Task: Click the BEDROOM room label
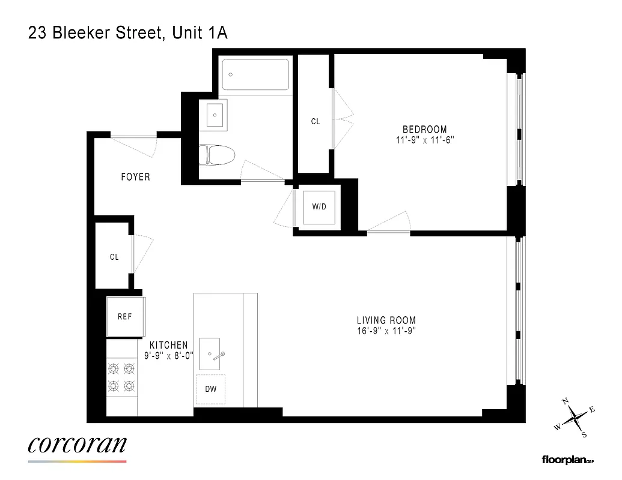424,129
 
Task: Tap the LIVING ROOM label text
386,320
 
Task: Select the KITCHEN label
169,345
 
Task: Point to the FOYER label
135,177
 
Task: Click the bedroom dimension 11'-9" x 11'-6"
424,140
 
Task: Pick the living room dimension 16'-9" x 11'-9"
386,331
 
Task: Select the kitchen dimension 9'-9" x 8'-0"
169,355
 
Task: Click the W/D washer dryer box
319,207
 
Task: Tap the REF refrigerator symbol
125,316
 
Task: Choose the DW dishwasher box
210,389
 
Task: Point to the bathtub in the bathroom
255,74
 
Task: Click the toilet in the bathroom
214,154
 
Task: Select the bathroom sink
215,114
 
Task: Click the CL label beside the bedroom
316,121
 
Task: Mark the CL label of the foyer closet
114,257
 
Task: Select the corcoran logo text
78,445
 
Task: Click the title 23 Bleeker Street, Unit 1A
128,33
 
